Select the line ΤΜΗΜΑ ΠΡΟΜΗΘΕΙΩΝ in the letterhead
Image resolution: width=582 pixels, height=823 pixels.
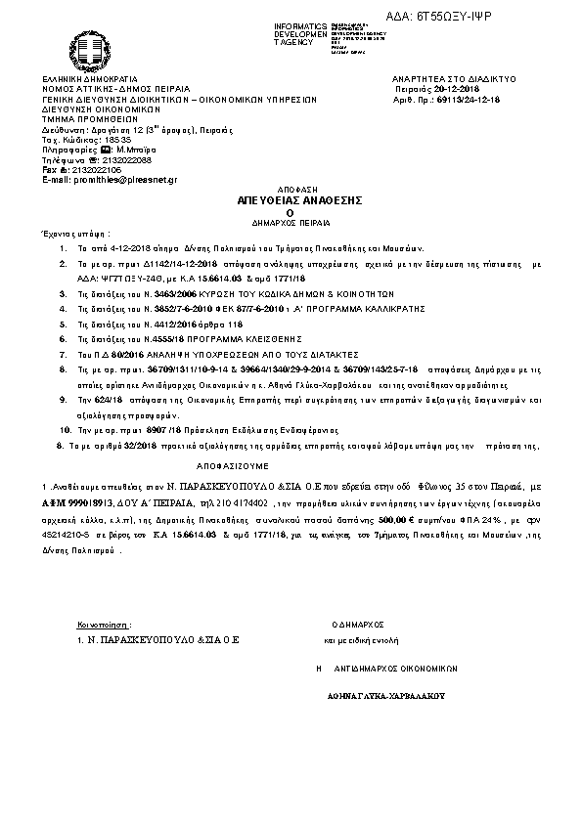pyautogui.click(x=86, y=118)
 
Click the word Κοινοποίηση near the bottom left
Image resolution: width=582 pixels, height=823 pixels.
pyautogui.click(x=103, y=623)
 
